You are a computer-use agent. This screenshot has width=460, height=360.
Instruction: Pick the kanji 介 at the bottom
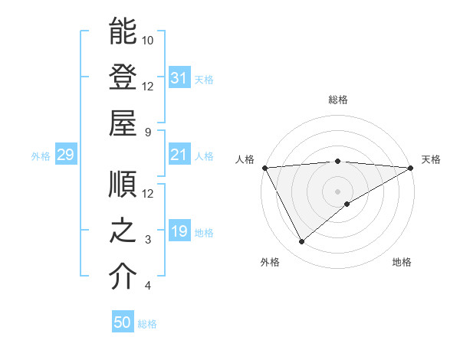click(122, 277)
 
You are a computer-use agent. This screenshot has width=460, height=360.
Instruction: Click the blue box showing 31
click(179, 78)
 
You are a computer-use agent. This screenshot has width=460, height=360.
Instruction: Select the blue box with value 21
click(179, 155)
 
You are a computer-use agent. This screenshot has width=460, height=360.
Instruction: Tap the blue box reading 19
click(179, 231)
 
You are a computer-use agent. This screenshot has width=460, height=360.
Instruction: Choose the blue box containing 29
click(65, 155)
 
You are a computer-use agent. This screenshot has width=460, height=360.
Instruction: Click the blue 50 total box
click(123, 322)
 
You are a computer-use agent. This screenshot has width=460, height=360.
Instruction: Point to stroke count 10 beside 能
click(148, 40)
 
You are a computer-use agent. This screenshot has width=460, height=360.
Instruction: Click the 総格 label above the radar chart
click(337, 100)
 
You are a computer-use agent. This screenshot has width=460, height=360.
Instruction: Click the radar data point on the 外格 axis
click(301, 241)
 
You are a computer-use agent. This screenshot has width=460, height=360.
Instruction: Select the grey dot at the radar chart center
click(337, 191)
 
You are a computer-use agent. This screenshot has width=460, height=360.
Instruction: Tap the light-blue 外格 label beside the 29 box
click(41, 156)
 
